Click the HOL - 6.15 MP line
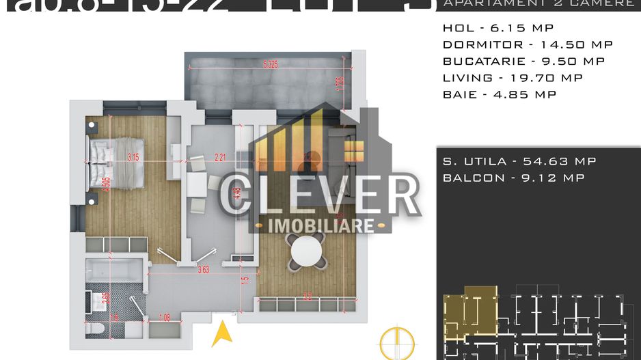[497, 28]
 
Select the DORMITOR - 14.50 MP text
[528, 44]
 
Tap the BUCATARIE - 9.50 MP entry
[523, 61]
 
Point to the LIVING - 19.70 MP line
[513, 78]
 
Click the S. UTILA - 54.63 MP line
[519, 161]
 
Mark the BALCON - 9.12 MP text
[513, 178]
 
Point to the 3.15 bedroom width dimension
[133, 157]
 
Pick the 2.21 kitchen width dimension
[220, 157]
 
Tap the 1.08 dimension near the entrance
[164, 316]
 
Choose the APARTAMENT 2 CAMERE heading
[538, 4]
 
